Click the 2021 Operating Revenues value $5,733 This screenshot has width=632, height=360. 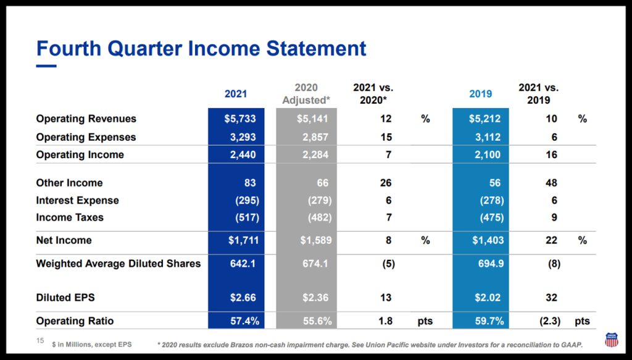click(x=240, y=119)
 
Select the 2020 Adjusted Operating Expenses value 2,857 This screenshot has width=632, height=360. click(x=314, y=137)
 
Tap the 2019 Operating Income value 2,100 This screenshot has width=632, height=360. click(x=487, y=154)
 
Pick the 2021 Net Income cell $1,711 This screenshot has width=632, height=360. click(x=240, y=240)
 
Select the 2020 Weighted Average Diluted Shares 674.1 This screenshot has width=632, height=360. click(x=314, y=263)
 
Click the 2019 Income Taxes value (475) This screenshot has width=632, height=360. click(x=491, y=217)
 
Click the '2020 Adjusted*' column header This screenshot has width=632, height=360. click(x=306, y=94)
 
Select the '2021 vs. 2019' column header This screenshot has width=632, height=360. click(x=538, y=94)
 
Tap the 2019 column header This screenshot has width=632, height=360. click(x=481, y=94)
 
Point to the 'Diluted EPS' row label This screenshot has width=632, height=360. click(x=65, y=298)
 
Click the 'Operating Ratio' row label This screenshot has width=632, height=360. click(x=75, y=321)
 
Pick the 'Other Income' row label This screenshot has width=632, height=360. click(x=69, y=183)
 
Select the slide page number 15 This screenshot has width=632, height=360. click(x=40, y=341)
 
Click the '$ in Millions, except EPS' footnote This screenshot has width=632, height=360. click(x=91, y=343)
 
